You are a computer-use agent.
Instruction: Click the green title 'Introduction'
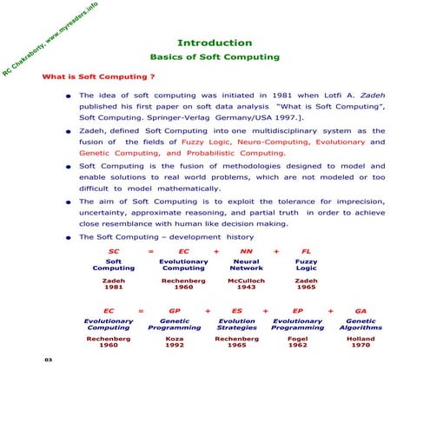215,43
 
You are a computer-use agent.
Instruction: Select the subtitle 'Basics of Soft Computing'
215,57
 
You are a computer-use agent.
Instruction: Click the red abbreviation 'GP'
174,309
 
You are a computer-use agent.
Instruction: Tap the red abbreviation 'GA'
361,309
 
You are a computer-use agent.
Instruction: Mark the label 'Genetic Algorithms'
361,324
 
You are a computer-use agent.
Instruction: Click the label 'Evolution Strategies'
237,324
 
